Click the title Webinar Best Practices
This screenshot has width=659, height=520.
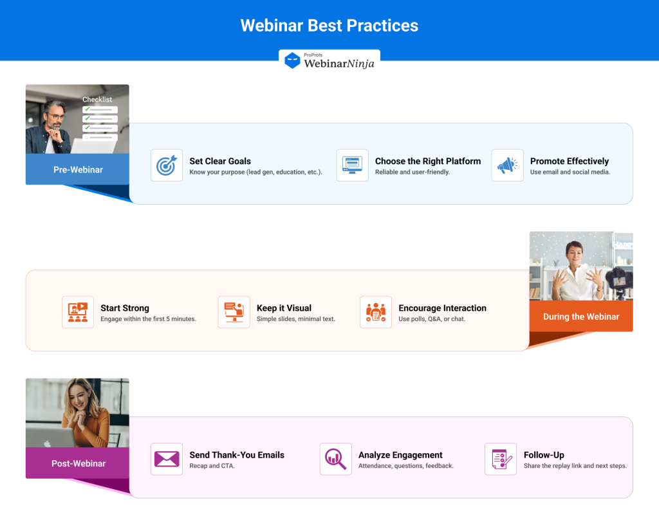329,26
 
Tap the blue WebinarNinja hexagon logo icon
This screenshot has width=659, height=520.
292,61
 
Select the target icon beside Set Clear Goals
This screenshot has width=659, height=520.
167,165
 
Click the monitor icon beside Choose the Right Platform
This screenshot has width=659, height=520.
352,165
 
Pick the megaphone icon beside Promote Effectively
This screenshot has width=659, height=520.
507,165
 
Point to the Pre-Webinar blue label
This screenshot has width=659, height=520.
77,170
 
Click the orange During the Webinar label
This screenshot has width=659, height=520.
580,317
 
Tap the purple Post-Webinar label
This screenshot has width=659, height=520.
79,463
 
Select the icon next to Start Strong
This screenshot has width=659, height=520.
78,312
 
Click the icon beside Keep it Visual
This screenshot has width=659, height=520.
234,312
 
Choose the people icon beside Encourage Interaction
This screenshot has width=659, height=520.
376,312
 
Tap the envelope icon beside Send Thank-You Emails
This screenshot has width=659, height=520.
167,459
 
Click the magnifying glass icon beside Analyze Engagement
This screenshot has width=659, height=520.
335,459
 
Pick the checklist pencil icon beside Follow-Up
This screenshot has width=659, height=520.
501,459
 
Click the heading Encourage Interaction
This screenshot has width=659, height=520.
442,308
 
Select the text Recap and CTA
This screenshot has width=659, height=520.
212,466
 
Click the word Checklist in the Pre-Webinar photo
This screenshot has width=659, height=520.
97,100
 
